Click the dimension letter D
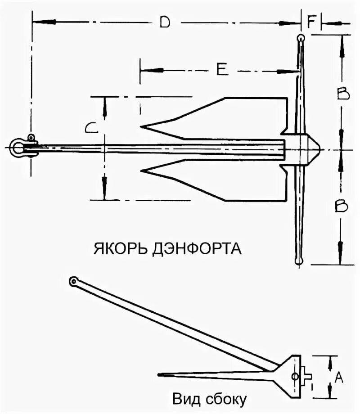[165, 22]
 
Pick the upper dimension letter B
[343, 94]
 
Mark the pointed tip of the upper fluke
[142, 126]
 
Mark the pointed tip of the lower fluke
[142, 171]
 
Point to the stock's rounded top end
[300, 39]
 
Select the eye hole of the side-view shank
[73, 282]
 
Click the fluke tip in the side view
[160, 374]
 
